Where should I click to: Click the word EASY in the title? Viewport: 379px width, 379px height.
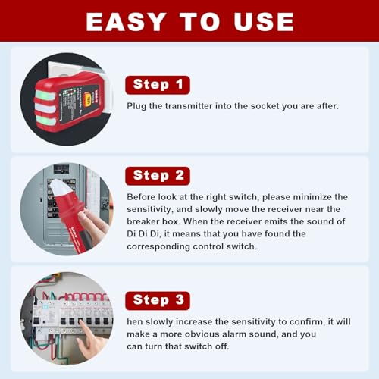(126, 22)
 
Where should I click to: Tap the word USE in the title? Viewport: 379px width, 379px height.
(264, 22)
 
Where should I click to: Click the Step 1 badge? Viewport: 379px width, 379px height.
(158, 85)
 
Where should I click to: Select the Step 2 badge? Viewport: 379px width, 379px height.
(158, 176)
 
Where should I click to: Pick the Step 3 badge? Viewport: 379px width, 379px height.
(158, 300)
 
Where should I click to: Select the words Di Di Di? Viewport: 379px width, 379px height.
(143, 233)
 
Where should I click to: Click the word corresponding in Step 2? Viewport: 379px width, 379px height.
(158, 246)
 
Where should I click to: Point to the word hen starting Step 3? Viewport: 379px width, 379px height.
(135, 321)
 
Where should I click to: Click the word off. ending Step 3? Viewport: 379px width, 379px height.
(222, 346)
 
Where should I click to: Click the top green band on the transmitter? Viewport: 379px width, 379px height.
(45, 95)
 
